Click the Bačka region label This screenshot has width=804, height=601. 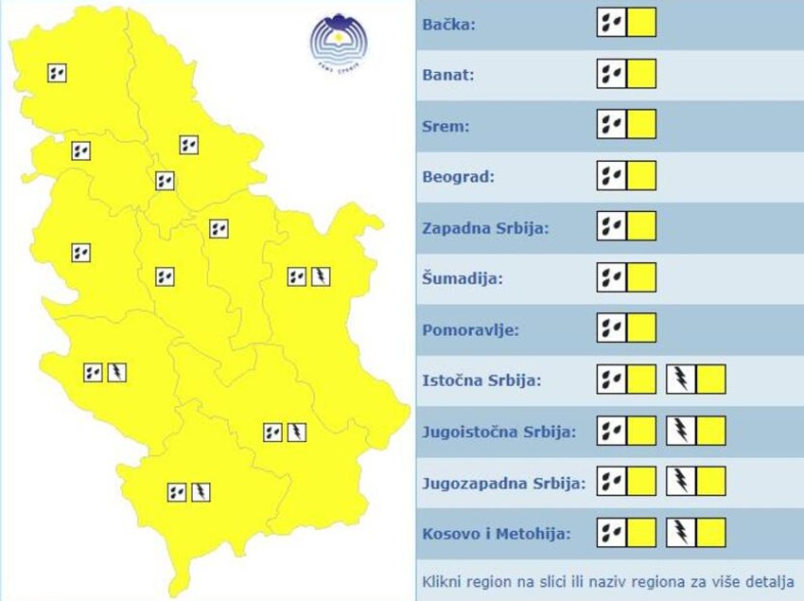(x=449, y=24)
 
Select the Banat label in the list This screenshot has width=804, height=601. (x=448, y=75)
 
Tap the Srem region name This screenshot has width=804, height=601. (x=446, y=126)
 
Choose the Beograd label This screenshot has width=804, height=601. (x=458, y=177)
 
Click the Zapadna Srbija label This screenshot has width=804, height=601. (x=485, y=228)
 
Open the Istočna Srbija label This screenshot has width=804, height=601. (x=481, y=381)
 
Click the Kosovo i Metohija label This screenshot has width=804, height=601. (x=497, y=535)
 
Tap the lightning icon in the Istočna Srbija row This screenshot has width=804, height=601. (x=681, y=380)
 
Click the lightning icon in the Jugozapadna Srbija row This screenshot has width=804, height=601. (x=681, y=482)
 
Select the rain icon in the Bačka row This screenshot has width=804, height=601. (x=611, y=22)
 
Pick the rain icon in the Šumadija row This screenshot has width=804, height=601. (x=611, y=277)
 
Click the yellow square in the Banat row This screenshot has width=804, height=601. (x=641, y=73)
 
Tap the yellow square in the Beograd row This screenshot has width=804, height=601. (x=641, y=175)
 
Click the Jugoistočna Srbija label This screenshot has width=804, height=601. (x=498, y=433)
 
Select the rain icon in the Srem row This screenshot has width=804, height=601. (x=611, y=124)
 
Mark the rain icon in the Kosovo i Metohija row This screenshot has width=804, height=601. (x=611, y=533)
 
